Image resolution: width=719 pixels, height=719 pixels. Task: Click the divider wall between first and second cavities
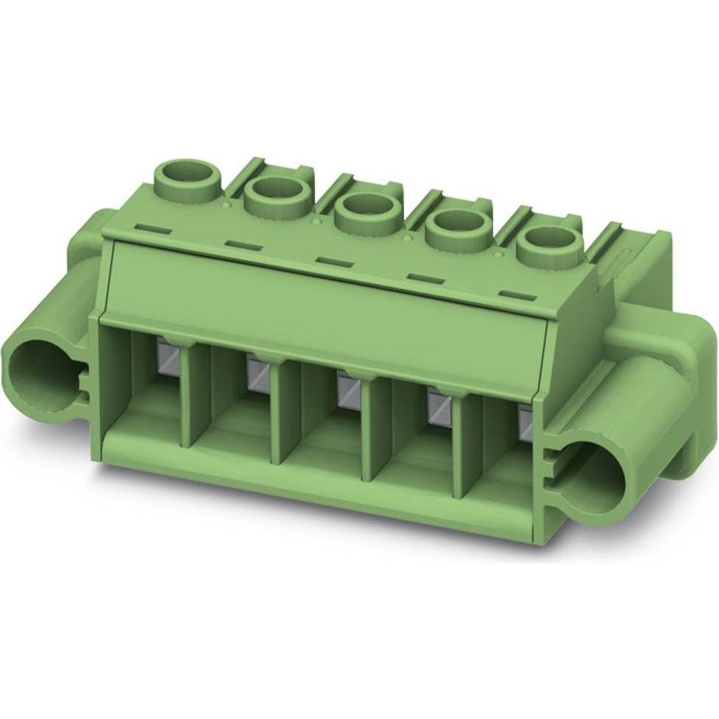191,397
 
